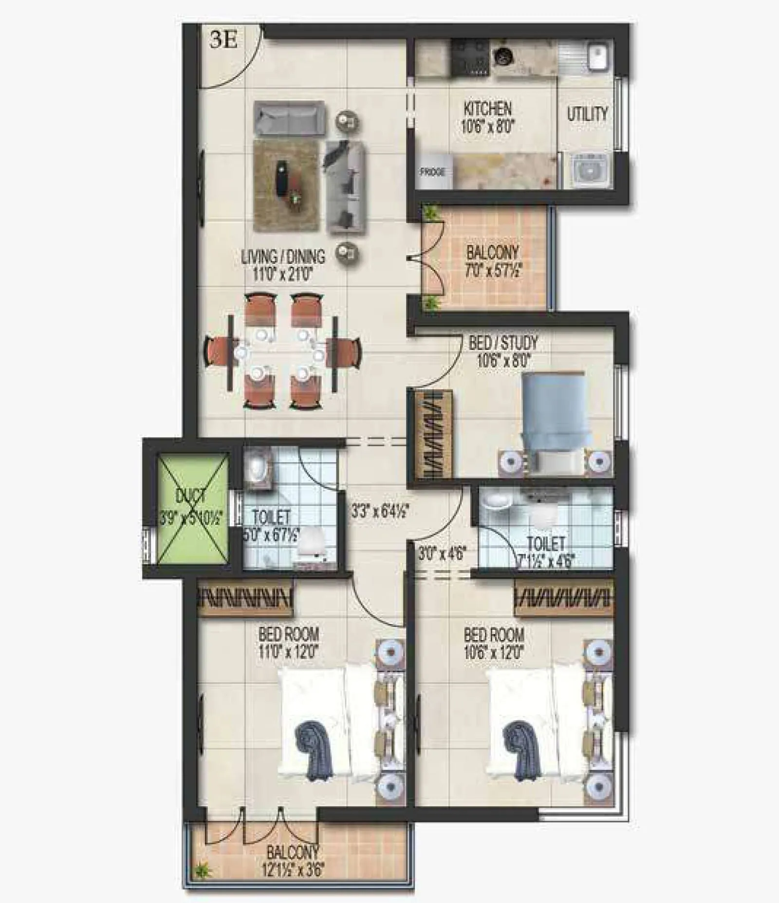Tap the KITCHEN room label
tap(487, 108)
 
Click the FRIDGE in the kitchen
tap(432, 172)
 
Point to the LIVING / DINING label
tap(283, 257)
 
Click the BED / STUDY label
tap(503, 343)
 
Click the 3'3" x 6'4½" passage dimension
tap(380, 511)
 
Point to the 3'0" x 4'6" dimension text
tap(443, 553)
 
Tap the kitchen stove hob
tap(470, 57)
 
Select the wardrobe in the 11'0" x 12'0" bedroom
tap(245, 598)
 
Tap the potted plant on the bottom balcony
tap(200, 870)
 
